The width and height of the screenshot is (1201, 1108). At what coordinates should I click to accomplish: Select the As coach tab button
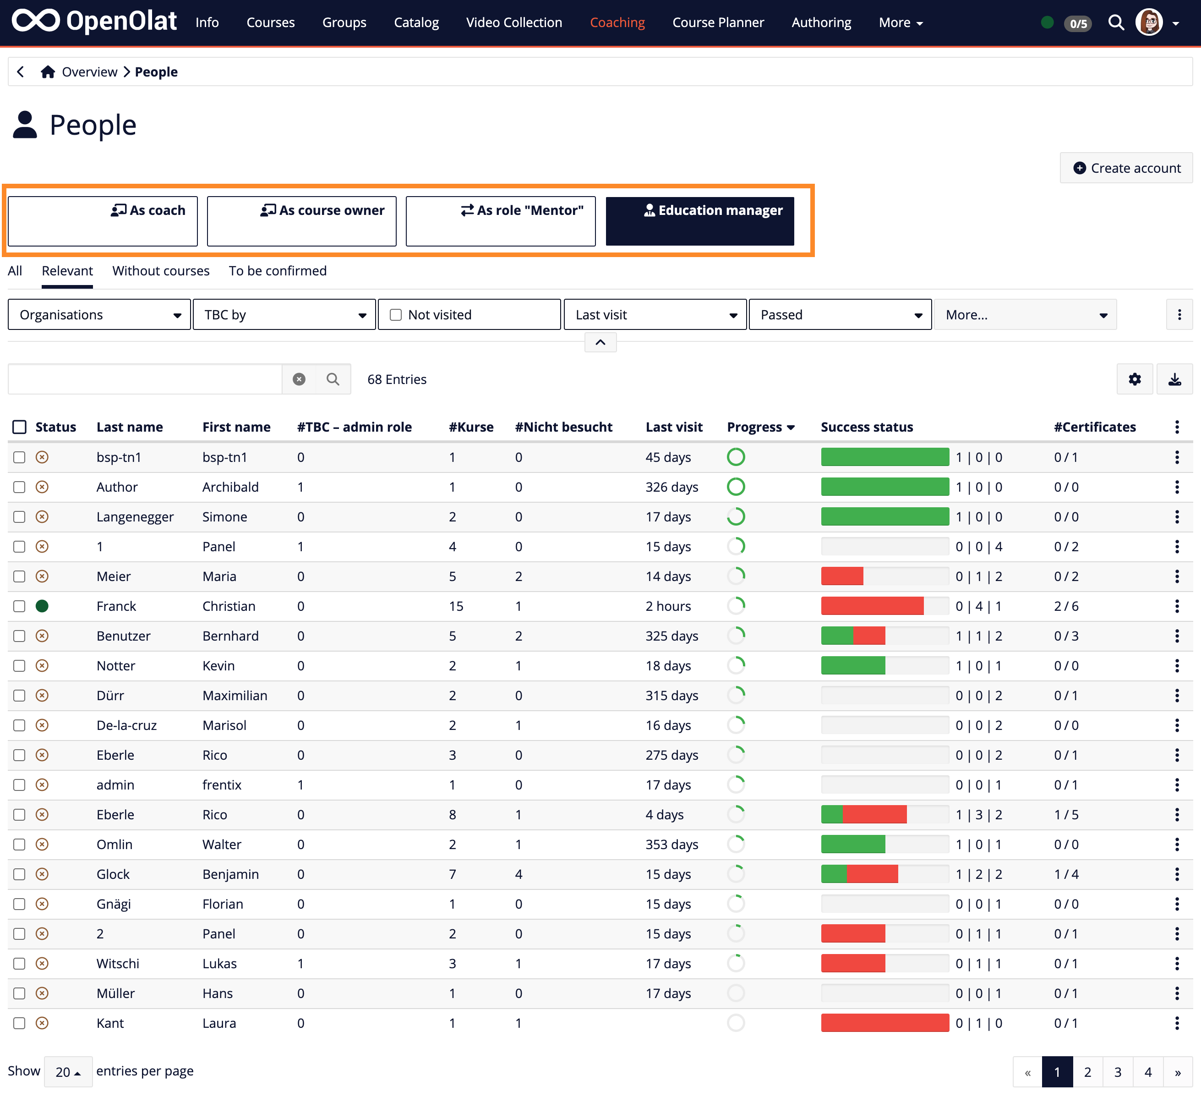103,221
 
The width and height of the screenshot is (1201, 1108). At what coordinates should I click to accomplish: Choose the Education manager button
699,221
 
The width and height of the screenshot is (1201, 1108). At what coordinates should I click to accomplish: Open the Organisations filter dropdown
99,315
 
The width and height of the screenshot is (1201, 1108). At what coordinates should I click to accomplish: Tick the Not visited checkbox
396,315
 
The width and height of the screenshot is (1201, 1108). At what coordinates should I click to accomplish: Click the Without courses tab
161,271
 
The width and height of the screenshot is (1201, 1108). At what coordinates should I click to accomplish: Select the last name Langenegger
135,517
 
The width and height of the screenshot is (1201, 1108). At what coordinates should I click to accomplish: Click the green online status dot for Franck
42,606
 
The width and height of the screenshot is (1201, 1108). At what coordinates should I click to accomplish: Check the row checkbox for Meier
20,576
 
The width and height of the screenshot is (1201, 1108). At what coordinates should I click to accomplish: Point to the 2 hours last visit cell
668,606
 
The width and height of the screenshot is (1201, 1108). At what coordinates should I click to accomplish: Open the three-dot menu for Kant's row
1176,1023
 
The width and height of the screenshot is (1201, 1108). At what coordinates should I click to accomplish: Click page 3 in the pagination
1117,1072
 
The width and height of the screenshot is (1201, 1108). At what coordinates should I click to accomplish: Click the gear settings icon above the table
1135,379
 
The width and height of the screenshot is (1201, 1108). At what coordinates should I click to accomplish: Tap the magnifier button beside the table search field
333,379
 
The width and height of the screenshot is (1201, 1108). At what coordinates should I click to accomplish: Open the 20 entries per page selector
68,1072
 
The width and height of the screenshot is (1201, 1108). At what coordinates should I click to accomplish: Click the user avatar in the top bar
1149,23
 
